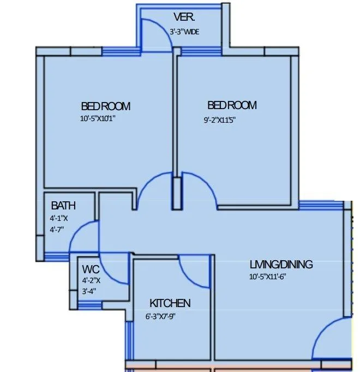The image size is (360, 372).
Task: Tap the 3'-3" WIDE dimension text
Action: coord(184,32)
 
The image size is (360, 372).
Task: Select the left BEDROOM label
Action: coord(106,106)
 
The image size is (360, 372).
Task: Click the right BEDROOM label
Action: coord(232,105)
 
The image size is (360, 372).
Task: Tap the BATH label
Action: coord(63,206)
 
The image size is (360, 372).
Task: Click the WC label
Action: coord(91,269)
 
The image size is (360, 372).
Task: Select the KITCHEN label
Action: coord(170,303)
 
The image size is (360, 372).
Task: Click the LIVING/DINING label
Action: coord(281,265)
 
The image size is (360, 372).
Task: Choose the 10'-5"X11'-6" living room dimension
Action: coord(268,277)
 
